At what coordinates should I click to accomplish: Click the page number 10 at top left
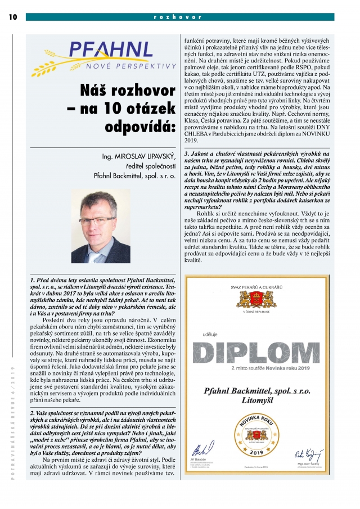click(13, 17)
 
